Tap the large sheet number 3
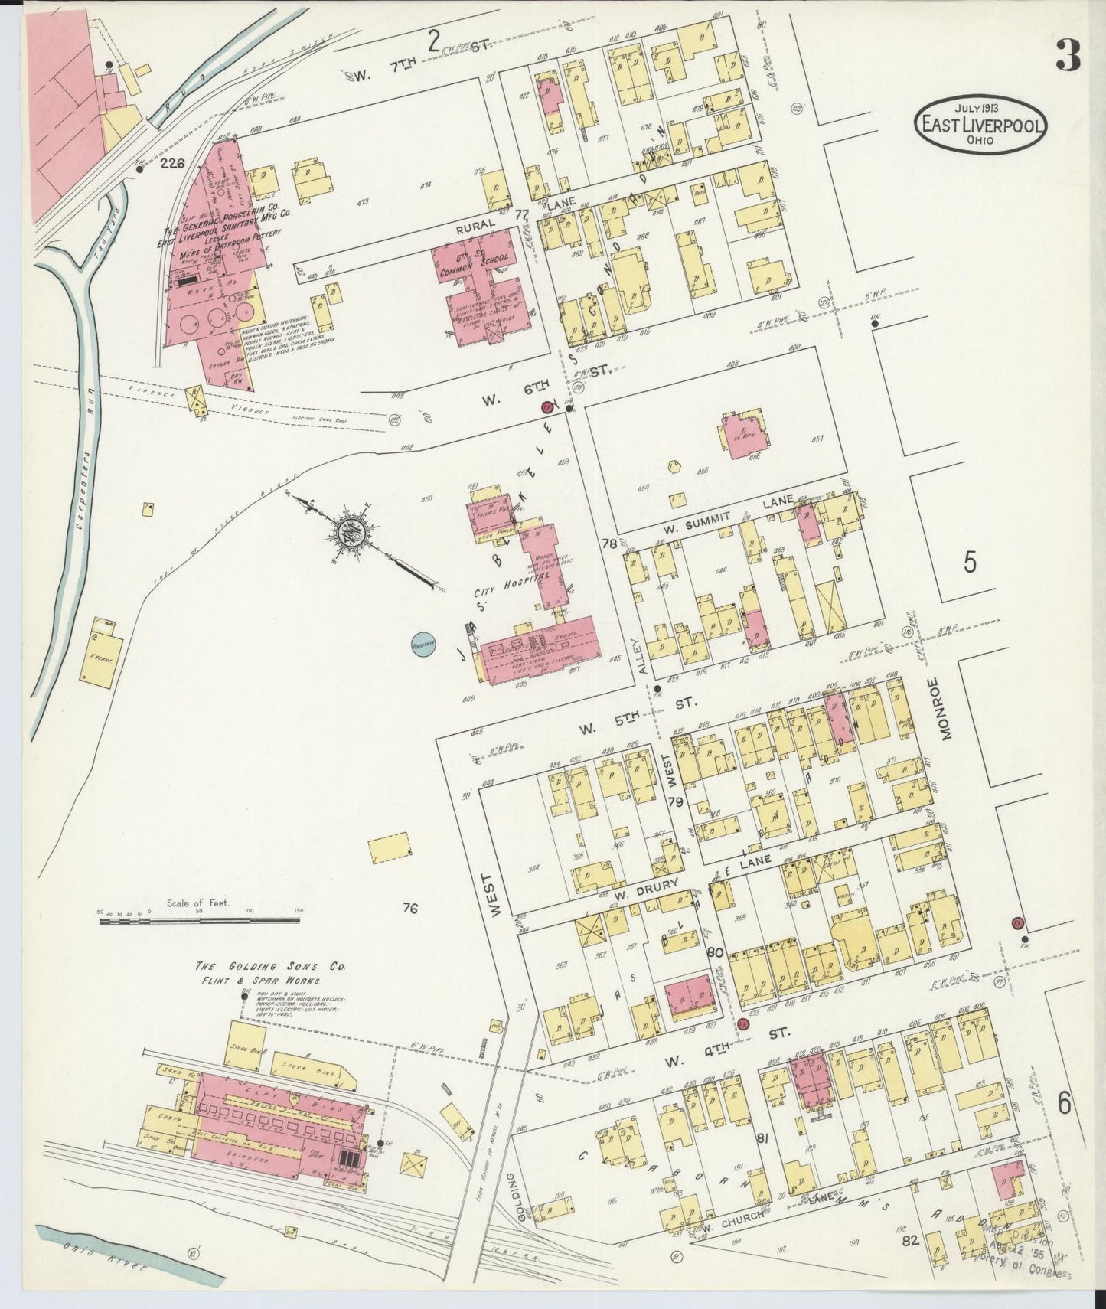pos(1068,56)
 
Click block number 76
pos(410,909)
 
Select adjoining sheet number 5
pos(970,563)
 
